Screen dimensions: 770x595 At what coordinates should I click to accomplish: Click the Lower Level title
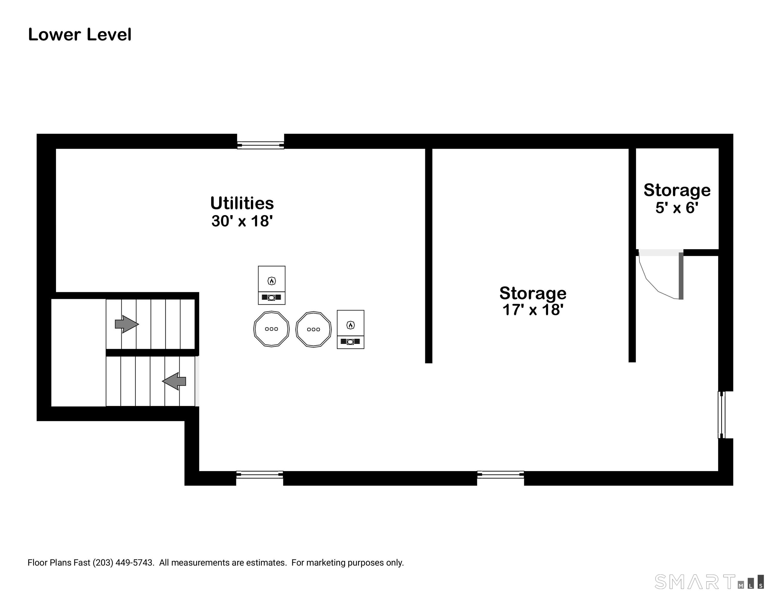tap(80, 35)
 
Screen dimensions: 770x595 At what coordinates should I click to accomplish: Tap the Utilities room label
tap(242, 203)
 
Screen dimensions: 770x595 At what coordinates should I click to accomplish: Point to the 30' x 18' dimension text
tap(242, 221)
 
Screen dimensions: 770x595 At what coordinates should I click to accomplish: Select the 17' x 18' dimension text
tap(533, 310)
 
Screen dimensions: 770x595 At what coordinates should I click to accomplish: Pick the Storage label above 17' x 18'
tap(533, 293)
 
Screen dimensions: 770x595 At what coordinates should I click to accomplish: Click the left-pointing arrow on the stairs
tap(174, 381)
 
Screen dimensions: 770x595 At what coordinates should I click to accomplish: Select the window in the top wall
tap(261, 145)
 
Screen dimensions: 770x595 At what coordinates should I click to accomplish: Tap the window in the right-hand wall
tap(722, 415)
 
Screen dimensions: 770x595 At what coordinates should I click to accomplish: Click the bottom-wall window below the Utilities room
tap(260, 475)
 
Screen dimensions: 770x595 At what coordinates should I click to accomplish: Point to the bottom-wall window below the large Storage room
tap(501, 475)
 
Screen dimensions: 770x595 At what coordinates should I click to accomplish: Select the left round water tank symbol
tap(271, 329)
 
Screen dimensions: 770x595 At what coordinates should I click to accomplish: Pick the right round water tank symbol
tap(313, 330)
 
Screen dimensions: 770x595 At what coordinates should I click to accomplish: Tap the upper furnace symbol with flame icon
tap(271, 285)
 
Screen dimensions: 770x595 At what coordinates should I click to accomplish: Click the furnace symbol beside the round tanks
tap(350, 330)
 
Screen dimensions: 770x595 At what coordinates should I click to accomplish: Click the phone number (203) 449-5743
tap(123, 562)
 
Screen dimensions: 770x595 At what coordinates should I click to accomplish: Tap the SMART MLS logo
tap(709, 582)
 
